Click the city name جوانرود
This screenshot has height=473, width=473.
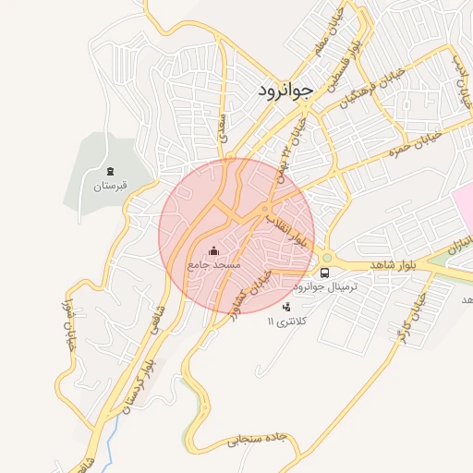(x=283, y=90)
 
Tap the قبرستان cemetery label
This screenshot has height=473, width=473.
(x=108, y=186)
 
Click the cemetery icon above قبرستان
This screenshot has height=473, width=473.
(x=109, y=171)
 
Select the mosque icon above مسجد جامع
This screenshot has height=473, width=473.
(x=214, y=250)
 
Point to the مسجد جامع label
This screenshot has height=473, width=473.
(x=214, y=264)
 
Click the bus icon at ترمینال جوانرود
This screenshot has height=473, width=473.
(x=324, y=273)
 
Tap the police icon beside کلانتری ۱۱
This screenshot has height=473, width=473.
(x=285, y=306)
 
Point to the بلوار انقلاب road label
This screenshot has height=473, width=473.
(x=287, y=228)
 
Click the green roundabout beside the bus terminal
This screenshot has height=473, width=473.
(x=326, y=258)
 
